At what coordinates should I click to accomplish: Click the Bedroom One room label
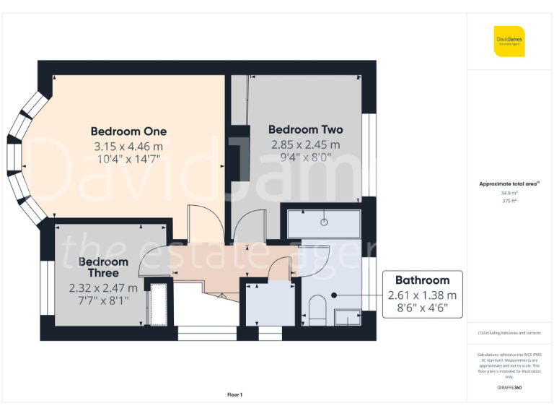coord(128,131)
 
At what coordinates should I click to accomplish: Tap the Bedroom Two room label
coord(305,130)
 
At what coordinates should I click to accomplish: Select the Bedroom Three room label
coord(103,267)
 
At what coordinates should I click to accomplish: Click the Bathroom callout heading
coord(422,280)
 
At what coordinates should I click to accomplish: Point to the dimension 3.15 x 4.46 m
coord(128,146)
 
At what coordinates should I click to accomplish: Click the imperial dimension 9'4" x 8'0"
coord(305,158)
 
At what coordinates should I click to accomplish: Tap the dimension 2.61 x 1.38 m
coord(422,295)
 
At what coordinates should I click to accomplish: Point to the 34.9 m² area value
coord(510,194)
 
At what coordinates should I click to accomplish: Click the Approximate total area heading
coord(509,184)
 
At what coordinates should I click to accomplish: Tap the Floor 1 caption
coord(235,394)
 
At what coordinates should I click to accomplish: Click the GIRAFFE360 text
coord(509,388)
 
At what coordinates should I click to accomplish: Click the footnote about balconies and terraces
coord(509,333)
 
